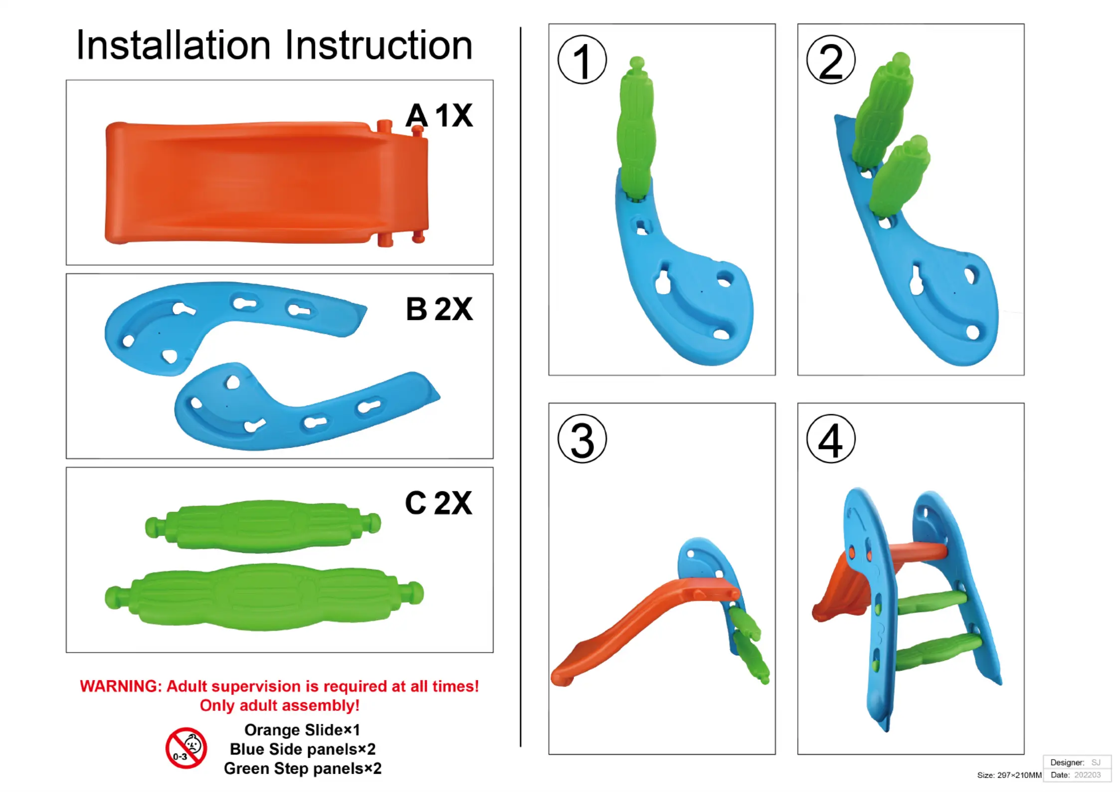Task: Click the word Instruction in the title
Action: click(x=378, y=45)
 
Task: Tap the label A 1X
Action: click(x=439, y=116)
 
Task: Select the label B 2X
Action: click(x=439, y=309)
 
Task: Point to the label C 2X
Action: click(x=438, y=503)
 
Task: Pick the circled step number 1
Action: click(x=582, y=60)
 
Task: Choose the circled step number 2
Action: click(x=831, y=60)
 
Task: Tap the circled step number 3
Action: click(x=582, y=439)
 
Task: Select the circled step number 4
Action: click(x=831, y=439)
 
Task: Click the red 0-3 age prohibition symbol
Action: click(x=186, y=748)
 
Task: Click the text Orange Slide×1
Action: click(x=302, y=730)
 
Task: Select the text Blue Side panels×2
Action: click(x=302, y=749)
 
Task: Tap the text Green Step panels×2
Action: click(x=302, y=769)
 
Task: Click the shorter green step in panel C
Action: click(x=263, y=526)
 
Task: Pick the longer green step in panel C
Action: click(x=264, y=596)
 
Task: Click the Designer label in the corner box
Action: click(x=1067, y=763)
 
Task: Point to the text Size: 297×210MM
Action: click(x=1009, y=775)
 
